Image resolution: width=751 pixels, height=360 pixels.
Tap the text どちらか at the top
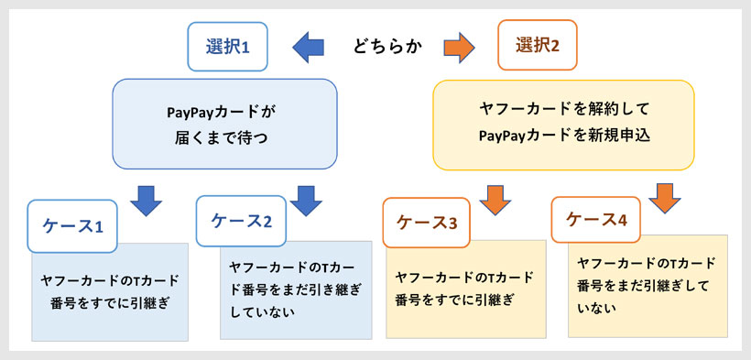click(x=387, y=47)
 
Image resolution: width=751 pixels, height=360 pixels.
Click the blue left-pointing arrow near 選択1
click(x=308, y=46)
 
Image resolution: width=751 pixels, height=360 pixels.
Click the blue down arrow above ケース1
click(x=146, y=196)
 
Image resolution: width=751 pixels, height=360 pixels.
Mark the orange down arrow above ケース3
click(x=493, y=198)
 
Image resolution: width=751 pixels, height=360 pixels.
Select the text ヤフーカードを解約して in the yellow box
click(x=562, y=109)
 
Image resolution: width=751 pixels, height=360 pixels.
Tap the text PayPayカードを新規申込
click(x=562, y=136)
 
